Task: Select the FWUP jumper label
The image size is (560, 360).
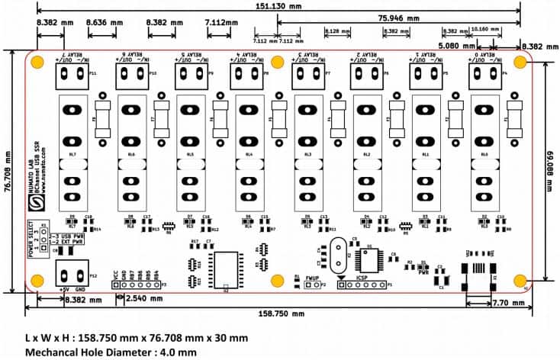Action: click(313, 278)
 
